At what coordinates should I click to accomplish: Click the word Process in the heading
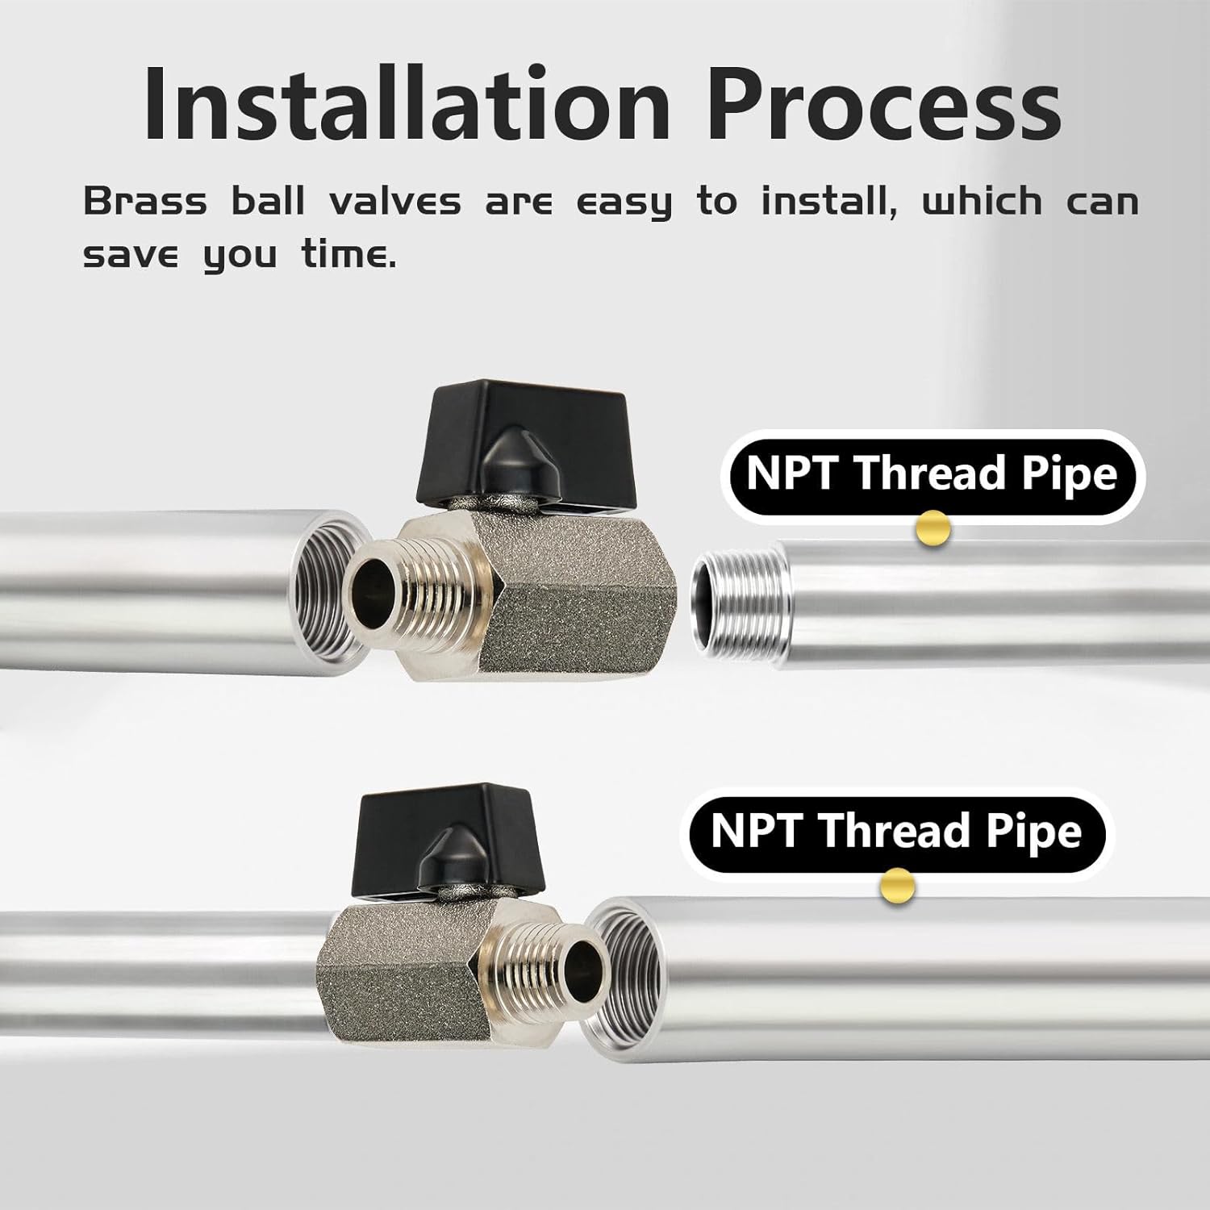tap(887, 105)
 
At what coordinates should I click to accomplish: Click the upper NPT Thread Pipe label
tap(932, 474)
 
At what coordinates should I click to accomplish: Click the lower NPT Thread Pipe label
tap(896, 832)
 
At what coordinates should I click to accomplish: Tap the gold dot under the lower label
tap(897, 887)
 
